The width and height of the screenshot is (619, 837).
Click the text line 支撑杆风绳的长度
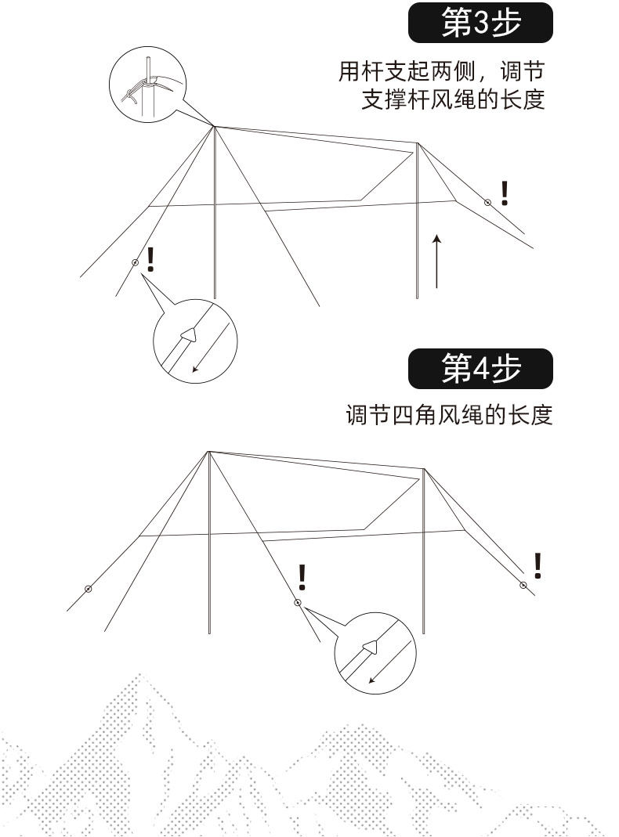click(x=453, y=100)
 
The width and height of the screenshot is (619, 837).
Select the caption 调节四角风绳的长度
click(x=450, y=414)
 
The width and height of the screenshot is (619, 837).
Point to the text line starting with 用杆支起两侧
click(x=441, y=72)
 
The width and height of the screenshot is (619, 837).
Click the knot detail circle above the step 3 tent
click(x=147, y=84)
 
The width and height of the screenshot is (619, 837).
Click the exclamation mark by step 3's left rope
click(x=150, y=259)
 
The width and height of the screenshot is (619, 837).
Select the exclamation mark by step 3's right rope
click(x=505, y=193)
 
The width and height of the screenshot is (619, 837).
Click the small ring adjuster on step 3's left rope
click(x=135, y=263)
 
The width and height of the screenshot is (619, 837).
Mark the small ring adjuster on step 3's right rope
click(x=487, y=202)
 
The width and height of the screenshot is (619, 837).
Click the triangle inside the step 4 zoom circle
click(x=370, y=647)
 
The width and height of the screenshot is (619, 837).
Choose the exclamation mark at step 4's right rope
click(x=538, y=565)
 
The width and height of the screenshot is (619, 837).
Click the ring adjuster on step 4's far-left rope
click(x=88, y=589)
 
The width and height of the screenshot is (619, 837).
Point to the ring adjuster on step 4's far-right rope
click(x=523, y=585)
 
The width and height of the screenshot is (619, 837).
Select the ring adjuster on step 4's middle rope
click(x=297, y=602)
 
